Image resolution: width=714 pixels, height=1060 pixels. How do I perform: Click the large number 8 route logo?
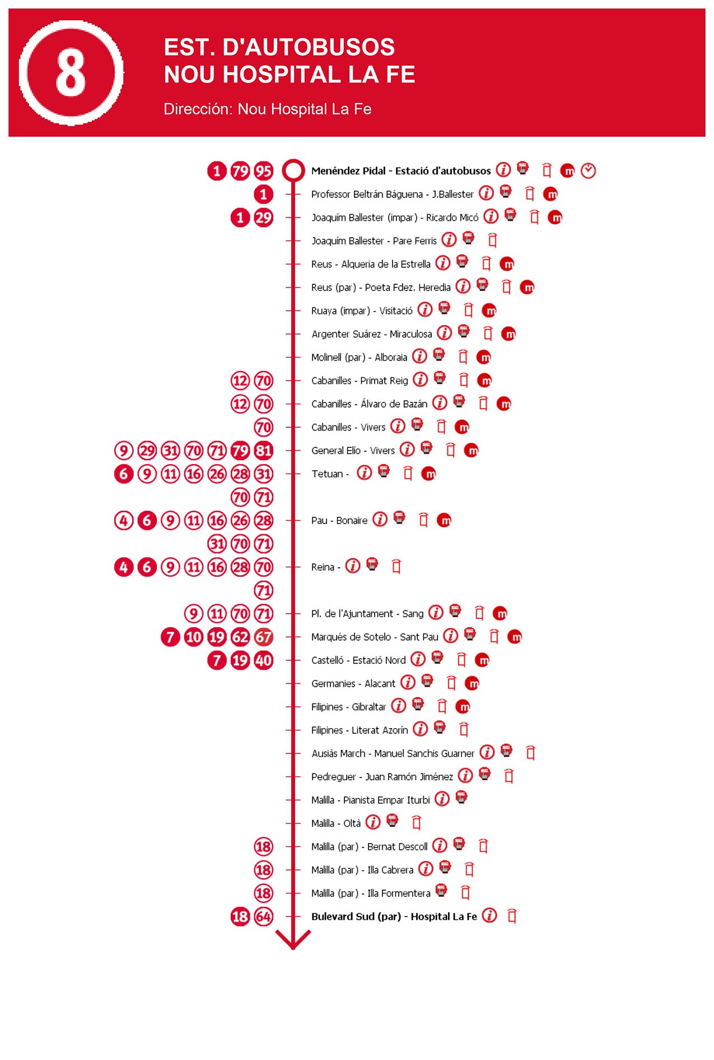[x=71, y=73]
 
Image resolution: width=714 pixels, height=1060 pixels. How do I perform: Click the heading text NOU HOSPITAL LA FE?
[x=289, y=75]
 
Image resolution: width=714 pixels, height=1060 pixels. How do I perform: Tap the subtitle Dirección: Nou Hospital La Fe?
[x=267, y=109]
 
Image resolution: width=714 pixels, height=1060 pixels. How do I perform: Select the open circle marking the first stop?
[x=293, y=170]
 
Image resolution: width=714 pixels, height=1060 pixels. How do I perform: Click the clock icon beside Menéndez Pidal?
[x=588, y=170]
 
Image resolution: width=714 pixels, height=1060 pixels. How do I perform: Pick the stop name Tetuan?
[x=327, y=474]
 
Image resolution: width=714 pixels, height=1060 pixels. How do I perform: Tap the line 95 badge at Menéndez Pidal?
[x=263, y=171]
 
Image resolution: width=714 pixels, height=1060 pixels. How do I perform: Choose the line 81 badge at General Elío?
[x=263, y=451]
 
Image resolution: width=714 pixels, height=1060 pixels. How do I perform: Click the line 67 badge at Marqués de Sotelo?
[x=263, y=637]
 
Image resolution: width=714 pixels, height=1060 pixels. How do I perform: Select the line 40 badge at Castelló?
[x=263, y=660]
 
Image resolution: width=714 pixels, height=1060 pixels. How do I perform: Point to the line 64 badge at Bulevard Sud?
[x=263, y=916]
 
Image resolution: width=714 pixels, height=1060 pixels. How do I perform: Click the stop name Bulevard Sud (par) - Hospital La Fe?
[x=394, y=916]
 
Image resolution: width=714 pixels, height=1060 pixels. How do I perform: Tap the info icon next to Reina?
[x=352, y=566]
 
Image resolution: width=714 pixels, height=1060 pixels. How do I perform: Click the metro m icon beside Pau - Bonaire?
[x=444, y=520]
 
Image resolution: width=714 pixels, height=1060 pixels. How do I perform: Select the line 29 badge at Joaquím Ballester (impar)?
[x=263, y=217]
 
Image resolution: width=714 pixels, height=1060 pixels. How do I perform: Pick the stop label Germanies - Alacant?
[x=353, y=683]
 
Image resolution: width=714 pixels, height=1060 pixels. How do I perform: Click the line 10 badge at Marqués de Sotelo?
[x=194, y=637]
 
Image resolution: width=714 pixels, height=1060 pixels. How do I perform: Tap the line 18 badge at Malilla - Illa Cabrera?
[x=263, y=870]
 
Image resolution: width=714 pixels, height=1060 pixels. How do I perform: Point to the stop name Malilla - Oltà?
[x=336, y=823]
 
